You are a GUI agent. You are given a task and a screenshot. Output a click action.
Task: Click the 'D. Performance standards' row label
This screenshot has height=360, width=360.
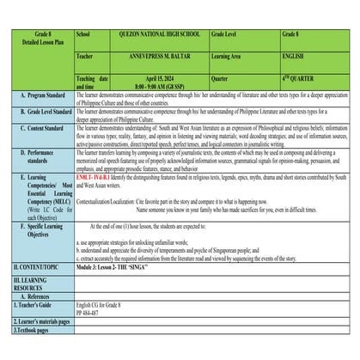click(x=39, y=155)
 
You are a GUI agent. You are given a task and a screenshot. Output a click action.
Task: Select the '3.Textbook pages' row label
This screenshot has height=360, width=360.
click(x=33, y=329)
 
